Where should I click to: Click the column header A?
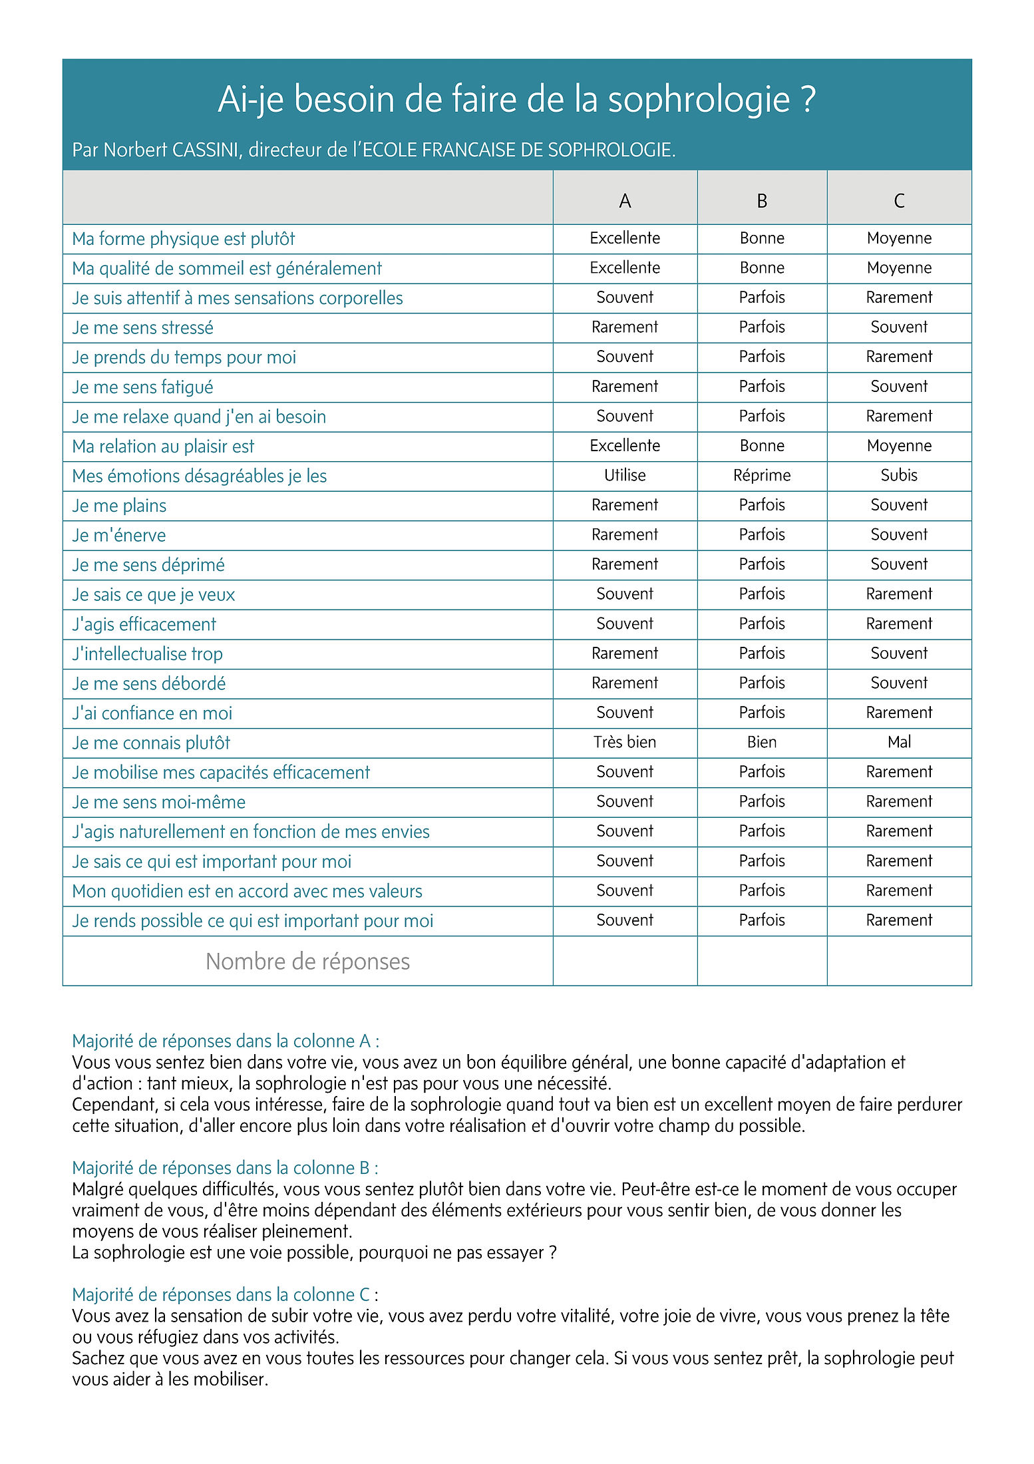coord(625,200)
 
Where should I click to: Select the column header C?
coord(899,200)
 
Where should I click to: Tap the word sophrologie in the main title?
coord(699,99)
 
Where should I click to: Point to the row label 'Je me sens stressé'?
coord(143,327)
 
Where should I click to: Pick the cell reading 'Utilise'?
coord(625,475)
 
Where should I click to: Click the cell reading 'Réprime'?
coord(762,475)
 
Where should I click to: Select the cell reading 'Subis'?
coord(899,475)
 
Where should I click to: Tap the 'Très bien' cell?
coord(625,742)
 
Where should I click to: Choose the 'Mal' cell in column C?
coord(899,742)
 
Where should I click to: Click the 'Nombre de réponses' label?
coord(307,961)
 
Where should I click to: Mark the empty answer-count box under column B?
coord(762,961)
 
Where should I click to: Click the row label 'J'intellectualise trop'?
coord(148,653)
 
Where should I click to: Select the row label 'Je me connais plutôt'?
coord(151,743)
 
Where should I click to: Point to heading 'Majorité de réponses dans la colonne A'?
coord(226,1041)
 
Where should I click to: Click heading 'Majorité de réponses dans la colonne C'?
coord(225,1294)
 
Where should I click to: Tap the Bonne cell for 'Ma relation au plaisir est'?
coord(762,446)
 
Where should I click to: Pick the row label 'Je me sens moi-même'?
coord(159,802)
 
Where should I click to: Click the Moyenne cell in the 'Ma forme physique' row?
coord(899,238)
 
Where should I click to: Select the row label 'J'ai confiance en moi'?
coord(152,713)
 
